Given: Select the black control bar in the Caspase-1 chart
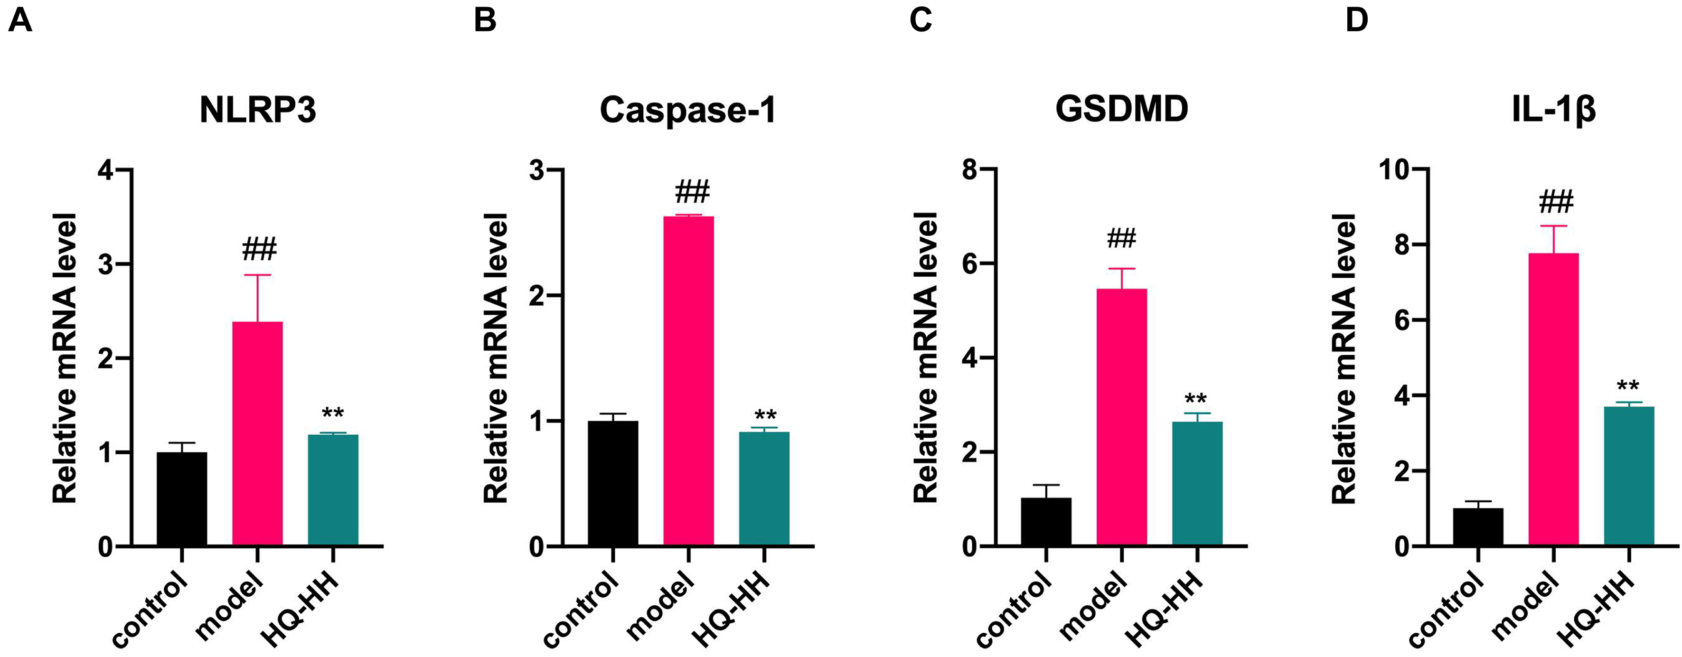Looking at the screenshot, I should click(612, 483).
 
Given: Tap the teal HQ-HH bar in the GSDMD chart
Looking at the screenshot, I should click(1197, 483).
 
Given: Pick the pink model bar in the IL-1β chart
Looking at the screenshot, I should click(1553, 398).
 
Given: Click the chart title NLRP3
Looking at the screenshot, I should click(257, 110).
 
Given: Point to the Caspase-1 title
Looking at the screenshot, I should click(687, 110).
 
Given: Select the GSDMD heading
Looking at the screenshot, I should click(1122, 110).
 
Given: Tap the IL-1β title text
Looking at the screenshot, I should click(1553, 110).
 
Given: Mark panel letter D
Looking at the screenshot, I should click(1356, 20).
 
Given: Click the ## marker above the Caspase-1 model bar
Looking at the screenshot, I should click(692, 192).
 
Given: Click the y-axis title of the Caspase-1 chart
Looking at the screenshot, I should click(496, 358).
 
